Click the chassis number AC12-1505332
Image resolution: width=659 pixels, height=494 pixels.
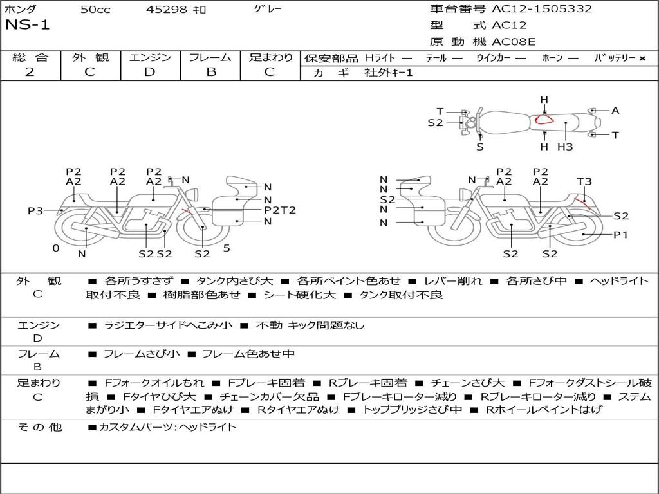tap(542, 9)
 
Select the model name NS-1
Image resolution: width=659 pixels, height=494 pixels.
tap(27, 25)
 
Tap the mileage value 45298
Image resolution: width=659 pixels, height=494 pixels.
tap(167, 10)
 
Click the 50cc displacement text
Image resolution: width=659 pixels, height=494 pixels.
tap(95, 10)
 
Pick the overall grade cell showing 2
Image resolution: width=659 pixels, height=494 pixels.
tap(30, 72)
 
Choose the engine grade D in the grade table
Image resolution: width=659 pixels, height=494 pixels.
tap(149, 72)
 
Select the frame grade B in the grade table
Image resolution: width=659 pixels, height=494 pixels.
tap(210, 72)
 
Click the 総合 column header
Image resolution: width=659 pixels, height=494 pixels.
tap(30, 58)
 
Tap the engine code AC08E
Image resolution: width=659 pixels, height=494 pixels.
tap(514, 42)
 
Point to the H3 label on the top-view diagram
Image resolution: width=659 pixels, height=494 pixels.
tap(565, 147)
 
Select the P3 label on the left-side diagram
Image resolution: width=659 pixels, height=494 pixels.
tap(35, 211)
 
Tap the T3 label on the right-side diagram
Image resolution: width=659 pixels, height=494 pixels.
tap(584, 182)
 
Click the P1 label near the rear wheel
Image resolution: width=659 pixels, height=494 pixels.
tap(620, 235)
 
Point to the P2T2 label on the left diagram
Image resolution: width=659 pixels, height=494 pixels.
tap(279, 210)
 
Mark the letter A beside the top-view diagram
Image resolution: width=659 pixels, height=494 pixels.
tap(615, 111)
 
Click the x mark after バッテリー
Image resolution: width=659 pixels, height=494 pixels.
tap(642, 59)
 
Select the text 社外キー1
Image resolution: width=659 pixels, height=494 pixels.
tap(390, 73)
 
